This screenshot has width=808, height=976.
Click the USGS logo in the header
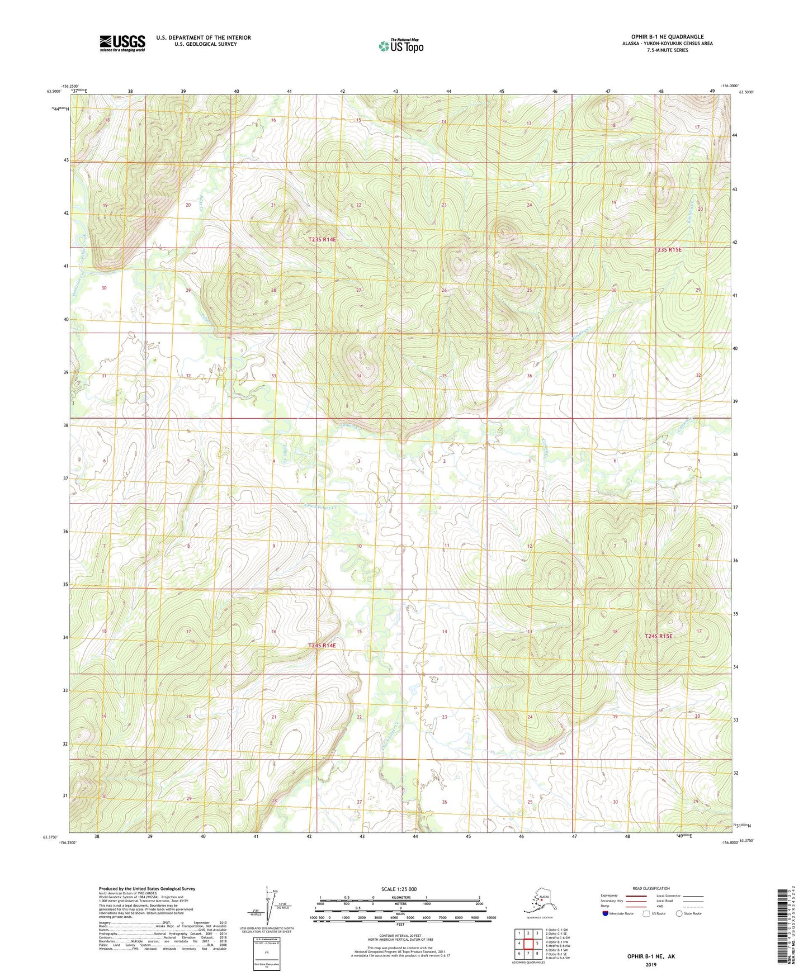pos(122,43)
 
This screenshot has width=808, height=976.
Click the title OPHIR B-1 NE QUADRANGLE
pos(667,37)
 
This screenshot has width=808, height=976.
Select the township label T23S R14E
pos(322,239)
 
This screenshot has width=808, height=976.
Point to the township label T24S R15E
pos(658,636)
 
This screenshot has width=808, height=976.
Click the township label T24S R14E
pos(322,646)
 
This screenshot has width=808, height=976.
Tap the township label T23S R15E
pos(668,250)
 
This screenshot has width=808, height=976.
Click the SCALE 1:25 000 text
pos(399,889)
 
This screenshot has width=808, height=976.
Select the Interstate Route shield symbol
pos(606,914)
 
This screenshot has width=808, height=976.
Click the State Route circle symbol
pos(679,914)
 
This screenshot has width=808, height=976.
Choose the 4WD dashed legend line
pos(693,907)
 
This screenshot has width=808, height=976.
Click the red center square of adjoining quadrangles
pos(528,943)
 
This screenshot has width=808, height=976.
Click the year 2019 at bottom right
pos(651,964)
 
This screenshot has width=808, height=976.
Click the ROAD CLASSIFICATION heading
pos(651,888)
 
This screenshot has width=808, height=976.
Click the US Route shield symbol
pos(647,914)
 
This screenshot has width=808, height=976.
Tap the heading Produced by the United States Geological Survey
pos(147,888)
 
